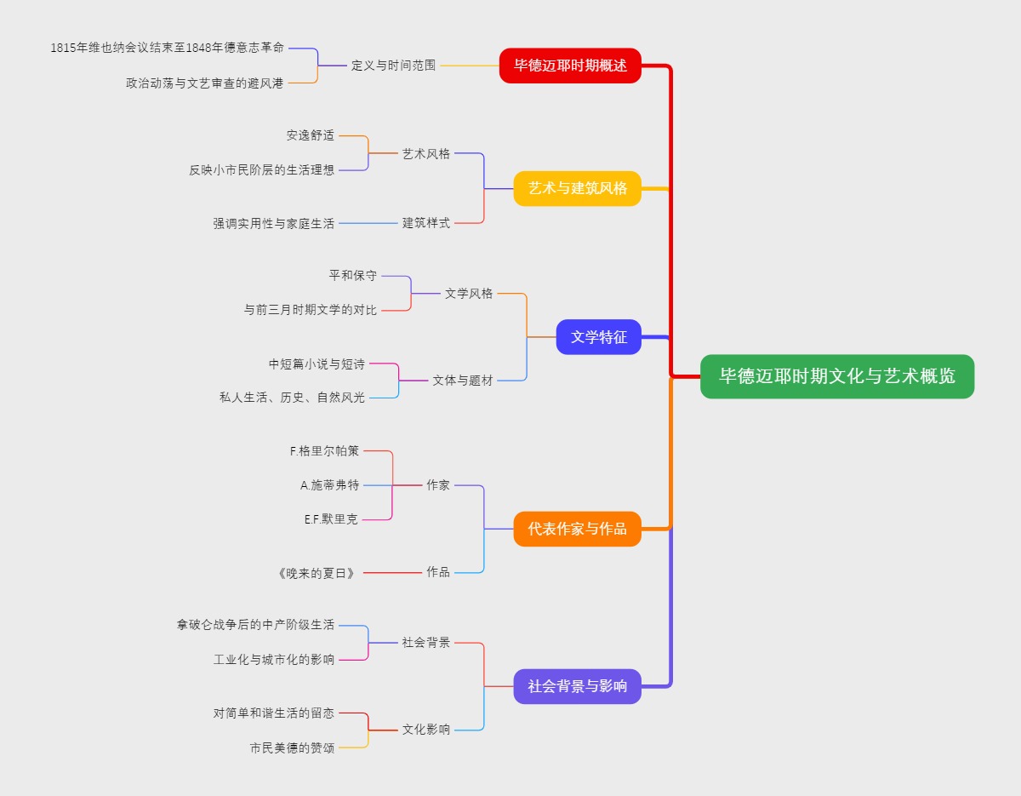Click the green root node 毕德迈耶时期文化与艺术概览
(x=836, y=376)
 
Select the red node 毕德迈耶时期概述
(x=570, y=66)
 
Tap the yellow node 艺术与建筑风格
(x=577, y=188)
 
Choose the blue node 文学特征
(x=598, y=337)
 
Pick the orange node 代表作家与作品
(x=577, y=529)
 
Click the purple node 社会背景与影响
(x=577, y=686)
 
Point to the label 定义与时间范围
(x=393, y=66)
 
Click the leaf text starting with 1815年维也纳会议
(x=167, y=48)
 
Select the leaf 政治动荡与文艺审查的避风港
(x=204, y=83)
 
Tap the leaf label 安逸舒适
(x=310, y=135)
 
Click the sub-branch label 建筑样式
(x=425, y=223)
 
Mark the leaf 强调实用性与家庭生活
(x=273, y=224)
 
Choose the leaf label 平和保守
(x=352, y=276)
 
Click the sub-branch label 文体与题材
(x=462, y=381)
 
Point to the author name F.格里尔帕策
(x=324, y=451)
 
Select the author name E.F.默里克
(x=331, y=519)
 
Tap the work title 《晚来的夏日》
(x=316, y=573)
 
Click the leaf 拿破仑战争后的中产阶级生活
(x=255, y=625)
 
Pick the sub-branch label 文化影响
(x=425, y=730)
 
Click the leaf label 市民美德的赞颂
(x=292, y=747)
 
